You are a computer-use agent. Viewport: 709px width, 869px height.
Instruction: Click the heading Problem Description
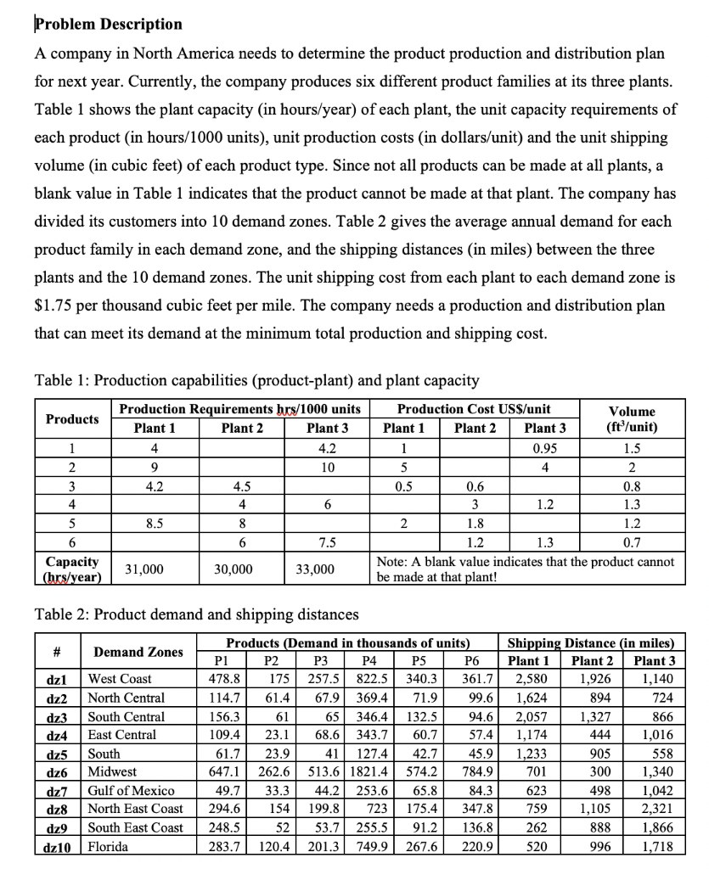(108, 24)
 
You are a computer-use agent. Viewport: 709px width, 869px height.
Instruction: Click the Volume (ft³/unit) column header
(633, 419)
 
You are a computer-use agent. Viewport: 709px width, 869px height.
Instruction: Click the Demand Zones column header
(138, 652)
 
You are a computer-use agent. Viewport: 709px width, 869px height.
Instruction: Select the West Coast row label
(120, 680)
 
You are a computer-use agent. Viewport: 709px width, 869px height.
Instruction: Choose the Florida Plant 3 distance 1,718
(658, 847)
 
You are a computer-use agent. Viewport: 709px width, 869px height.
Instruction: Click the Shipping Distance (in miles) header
(592, 642)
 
